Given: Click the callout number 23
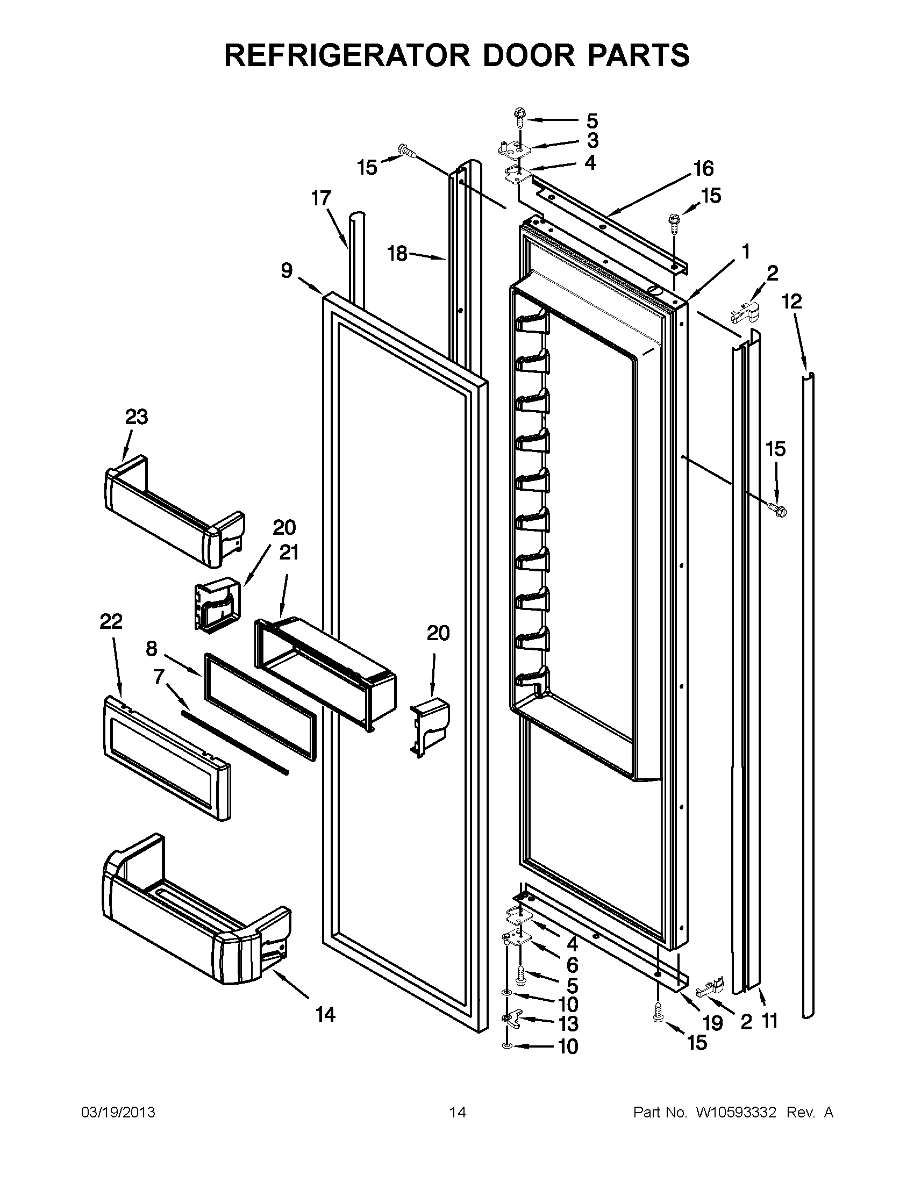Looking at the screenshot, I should point(137,417).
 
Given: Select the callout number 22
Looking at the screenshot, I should point(111,621).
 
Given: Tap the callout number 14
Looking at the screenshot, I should point(325,1014).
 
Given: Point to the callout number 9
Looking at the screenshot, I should point(287,270).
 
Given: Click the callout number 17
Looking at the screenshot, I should point(321,199).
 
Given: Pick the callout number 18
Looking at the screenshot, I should point(398,253).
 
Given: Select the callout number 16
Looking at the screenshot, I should point(704,168).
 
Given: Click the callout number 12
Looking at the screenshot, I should point(791,301).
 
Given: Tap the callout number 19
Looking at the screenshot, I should point(713,1023).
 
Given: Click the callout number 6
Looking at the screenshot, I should point(573,965).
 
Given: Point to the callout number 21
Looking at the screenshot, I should point(289,553).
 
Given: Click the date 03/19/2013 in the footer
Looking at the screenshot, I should point(118,1113).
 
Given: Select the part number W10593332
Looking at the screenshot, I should point(736,1113).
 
